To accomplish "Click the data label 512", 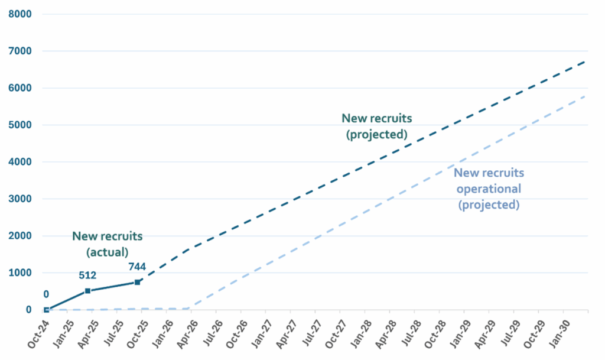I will (x=88, y=275).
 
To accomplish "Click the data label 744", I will (x=136, y=267).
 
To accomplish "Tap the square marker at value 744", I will (x=137, y=283).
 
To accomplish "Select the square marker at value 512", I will (x=87, y=291).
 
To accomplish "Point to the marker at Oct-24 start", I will (x=47, y=310).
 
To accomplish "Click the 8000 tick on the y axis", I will (x=20, y=14).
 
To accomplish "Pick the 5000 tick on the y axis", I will (x=20, y=125).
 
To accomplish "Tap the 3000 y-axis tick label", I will (x=20, y=199).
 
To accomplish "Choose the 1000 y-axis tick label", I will (x=20, y=273).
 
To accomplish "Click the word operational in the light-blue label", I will (x=489, y=189).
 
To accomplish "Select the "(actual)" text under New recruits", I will (x=107, y=251).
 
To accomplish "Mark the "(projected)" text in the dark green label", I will (x=377, y=134).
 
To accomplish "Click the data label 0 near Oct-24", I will (x=45, y=294).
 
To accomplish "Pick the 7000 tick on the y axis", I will (x=20, y=51).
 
